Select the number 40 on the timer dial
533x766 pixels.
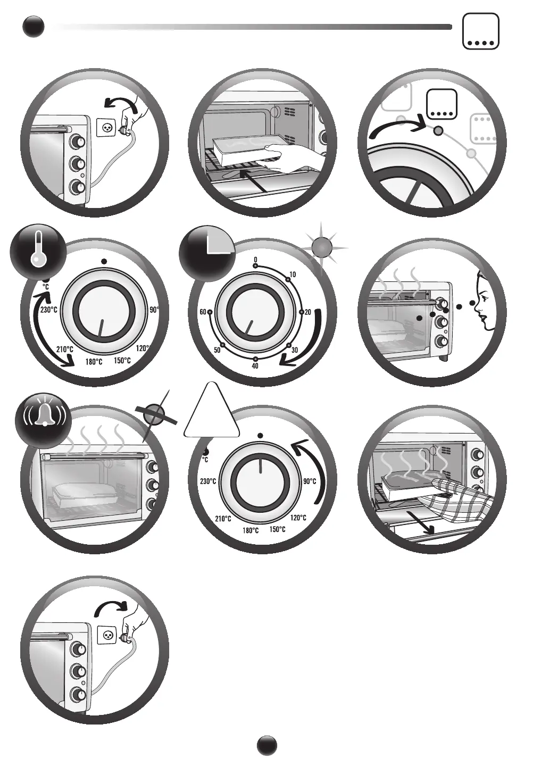click(x=255, y=366)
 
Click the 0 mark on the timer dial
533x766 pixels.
click(x=255, y=260)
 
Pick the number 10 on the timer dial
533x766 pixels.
click(x=292, y=274)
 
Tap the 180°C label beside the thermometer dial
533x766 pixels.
click(x=94, y=362)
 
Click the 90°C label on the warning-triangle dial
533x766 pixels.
click(x=309, y=481)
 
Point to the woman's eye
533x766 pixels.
click(x=484, y=298)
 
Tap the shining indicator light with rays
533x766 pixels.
click(x=322, y=247)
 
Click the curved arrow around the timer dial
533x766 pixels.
click(x=309, y=341)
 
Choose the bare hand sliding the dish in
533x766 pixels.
click(x=293, y=159)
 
